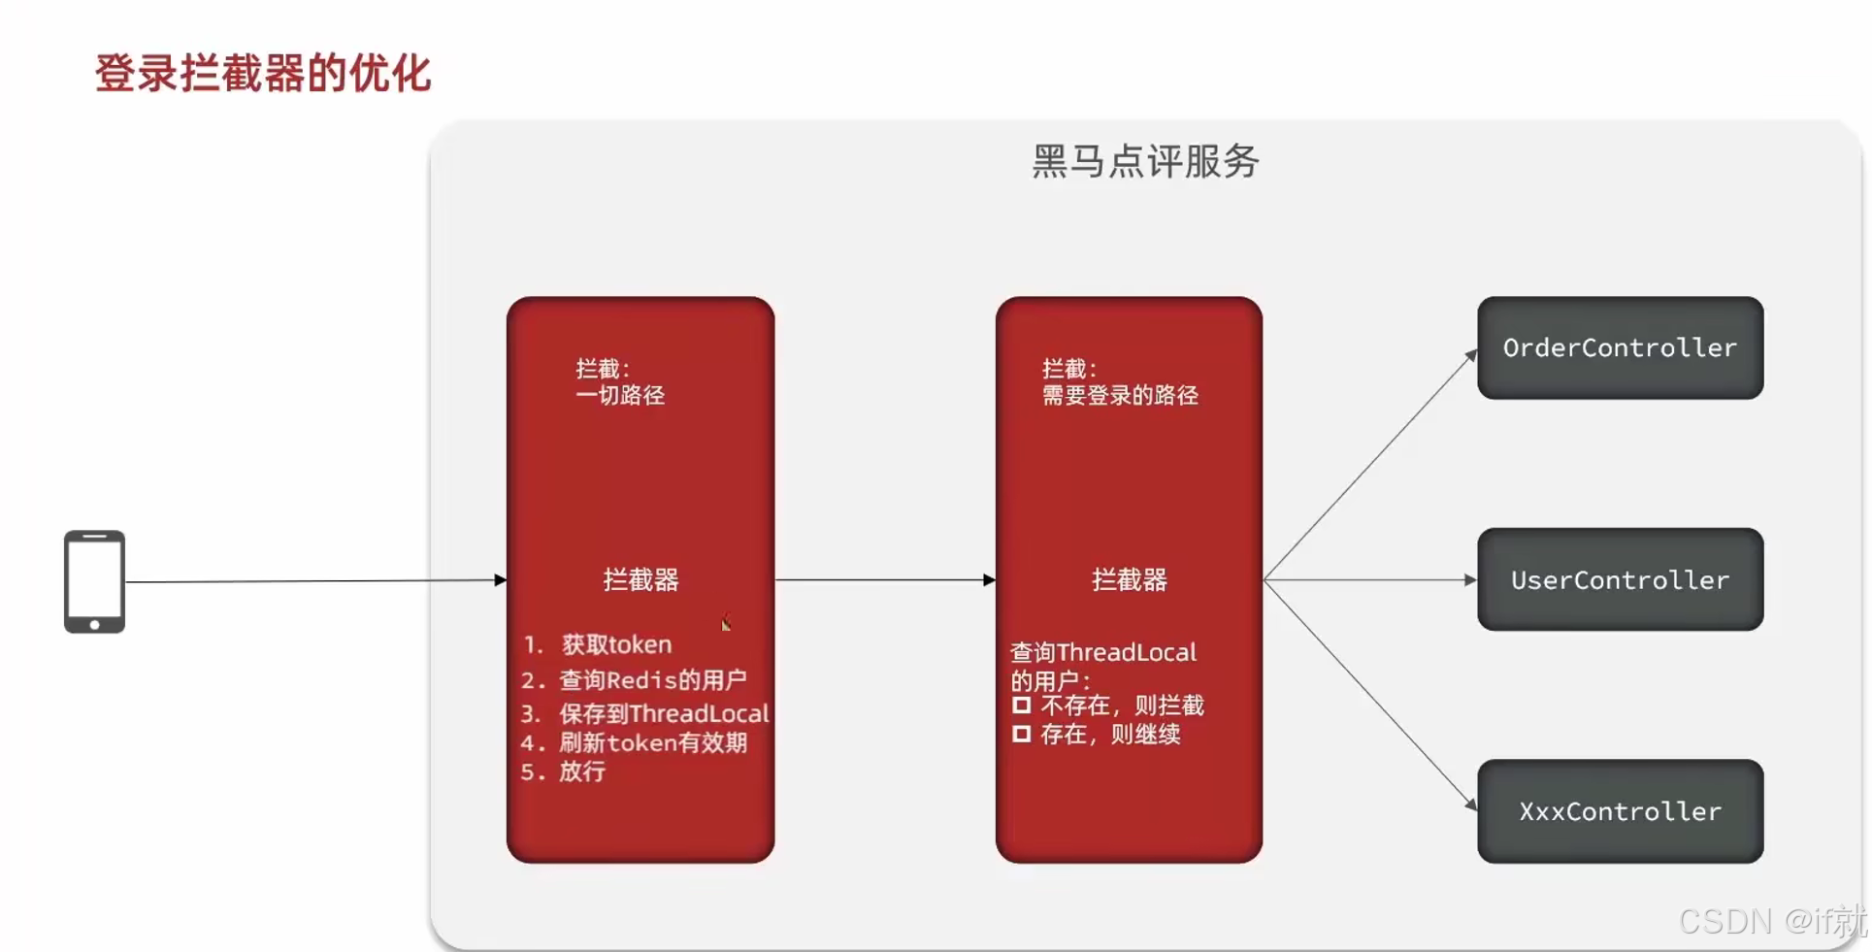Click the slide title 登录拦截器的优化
tap(263, 74)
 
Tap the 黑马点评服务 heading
tap(1145, 161)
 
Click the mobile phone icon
tap(94, 581)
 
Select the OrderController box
tap(1620, 347)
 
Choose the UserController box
tap(1620, 579)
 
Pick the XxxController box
tap(1620, 811)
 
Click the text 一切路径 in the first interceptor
tap(620, 395)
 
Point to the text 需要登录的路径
tap(1120, 395)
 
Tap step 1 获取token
tap(615, 644)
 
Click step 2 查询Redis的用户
tap(652, 679)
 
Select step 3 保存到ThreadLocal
tap(663, 713)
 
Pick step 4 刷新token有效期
tap(652, 742)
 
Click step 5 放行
tap(581, 771)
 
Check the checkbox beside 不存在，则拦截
tap(1021, 706)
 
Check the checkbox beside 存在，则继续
tap(1021, 735)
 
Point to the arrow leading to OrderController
tap(1368, 465)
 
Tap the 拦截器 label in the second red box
tap(1129, 579)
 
